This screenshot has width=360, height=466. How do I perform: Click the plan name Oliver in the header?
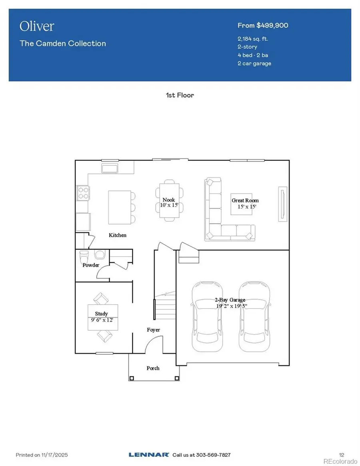(36, 26)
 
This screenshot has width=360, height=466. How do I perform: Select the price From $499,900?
(263, 26)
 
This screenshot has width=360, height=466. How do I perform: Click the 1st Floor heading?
(180, 95)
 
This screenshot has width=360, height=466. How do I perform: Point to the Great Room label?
(245, 200)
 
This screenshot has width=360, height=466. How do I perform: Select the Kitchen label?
(118, 235)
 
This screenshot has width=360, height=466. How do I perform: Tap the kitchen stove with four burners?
(83, 193)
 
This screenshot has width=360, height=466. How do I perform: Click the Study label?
(101, 314)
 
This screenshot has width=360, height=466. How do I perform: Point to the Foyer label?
(153, 330)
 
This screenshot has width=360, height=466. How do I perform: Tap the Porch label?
(153, 368)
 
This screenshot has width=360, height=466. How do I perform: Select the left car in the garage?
(207, 316)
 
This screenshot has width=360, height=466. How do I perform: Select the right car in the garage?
(254, 316)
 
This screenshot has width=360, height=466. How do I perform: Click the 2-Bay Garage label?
(230, 300)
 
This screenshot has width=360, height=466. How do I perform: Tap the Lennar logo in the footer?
(149, 455)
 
